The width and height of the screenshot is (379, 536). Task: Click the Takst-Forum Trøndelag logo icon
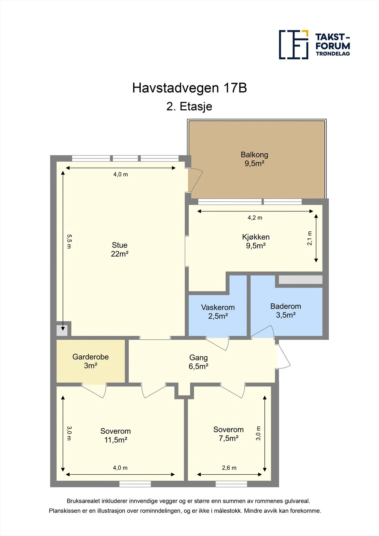tap(294, 45)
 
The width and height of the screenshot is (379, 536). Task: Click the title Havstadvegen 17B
tap(189, 88)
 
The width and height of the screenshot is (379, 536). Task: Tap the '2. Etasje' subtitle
tap(189, 107)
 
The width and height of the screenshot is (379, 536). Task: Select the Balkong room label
tap(254, 159)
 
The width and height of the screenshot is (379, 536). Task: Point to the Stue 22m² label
tap(120, 249)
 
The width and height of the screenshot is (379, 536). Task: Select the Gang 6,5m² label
tap(198, 362)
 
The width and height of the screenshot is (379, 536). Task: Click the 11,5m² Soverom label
tap(115, 435)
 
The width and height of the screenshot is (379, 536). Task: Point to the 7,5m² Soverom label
tap(229, 434)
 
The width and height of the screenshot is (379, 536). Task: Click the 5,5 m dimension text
tap(69, 241)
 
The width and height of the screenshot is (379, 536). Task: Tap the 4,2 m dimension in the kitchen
tap(255, 218)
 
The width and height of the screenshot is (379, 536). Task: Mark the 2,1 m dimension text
tap(309, 238)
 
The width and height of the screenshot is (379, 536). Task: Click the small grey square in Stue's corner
tap(62, 330)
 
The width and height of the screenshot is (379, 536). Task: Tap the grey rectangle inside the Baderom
tap(301, 280)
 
